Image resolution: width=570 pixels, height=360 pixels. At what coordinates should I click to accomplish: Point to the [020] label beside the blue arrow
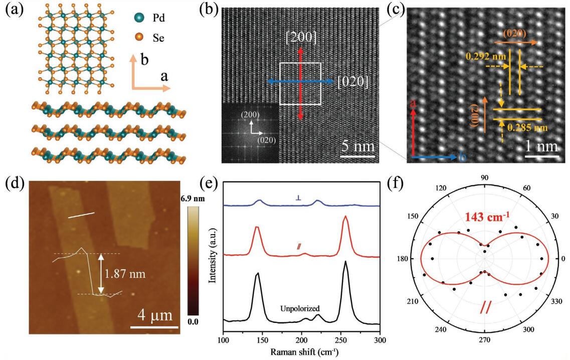coord(353,81)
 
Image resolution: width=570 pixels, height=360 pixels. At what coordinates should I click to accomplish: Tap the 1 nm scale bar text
coord(542,147)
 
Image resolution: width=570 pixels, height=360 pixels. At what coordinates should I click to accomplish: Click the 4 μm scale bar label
coord(155,316)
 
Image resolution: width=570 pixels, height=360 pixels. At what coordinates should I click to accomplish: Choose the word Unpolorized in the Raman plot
coord(300,309)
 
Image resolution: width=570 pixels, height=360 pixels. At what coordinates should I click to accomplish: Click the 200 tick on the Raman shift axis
coord(301,340)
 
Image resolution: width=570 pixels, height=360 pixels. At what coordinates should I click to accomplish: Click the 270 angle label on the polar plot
coord(484,339)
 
